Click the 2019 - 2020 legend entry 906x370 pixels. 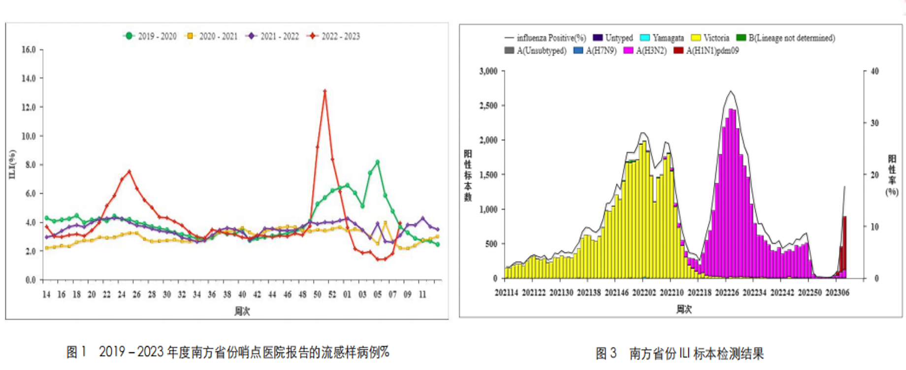click(150, 36)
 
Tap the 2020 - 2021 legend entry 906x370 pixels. click(212, 36)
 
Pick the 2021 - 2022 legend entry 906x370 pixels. click(273, 36)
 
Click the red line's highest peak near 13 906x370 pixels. click(325, 91)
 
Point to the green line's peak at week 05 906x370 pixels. click(378, 162)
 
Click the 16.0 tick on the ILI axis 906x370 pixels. click(29, 49)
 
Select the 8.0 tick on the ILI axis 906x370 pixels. click(31, 165)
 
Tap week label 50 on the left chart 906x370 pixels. click(317, 294)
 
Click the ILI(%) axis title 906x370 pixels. click(12, 165)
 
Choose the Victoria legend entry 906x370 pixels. click(710, 38)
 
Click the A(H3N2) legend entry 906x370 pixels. click(645, 51)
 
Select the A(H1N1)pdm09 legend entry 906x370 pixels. click(707, 51)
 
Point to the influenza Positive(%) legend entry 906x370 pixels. click(546, 38)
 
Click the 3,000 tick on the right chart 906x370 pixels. click(488, 71)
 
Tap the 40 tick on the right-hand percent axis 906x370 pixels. click(874, 71)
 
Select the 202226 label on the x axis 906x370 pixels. click(727, 293)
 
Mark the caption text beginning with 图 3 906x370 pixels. click(679, 353)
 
